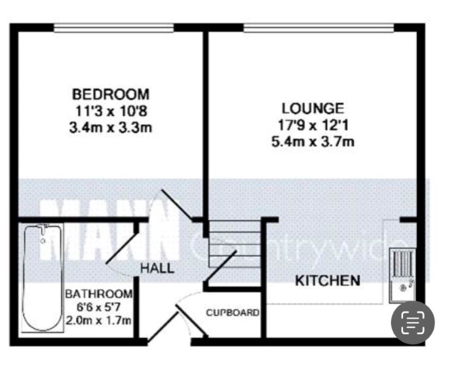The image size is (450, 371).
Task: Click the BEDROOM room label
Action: click(111, 95)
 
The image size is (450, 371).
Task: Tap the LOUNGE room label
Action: click(312, 109)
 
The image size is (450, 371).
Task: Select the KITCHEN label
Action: click(328, 280)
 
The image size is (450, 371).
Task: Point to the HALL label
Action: click(157, 268)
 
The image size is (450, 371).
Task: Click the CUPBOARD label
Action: click(233, 312)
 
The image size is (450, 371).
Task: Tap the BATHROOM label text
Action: click(99, 294)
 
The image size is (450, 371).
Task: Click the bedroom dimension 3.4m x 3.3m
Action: click(111, 127)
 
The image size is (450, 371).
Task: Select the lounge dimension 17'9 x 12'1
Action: click(313, 125)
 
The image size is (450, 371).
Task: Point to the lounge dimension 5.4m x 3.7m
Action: click(313, 142)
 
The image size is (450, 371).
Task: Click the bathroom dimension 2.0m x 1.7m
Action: click(99, 320)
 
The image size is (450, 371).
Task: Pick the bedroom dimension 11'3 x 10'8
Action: click(111, 111)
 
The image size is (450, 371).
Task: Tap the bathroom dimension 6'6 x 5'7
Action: click(98, 307)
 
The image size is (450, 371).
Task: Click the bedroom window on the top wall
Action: click(114, 28)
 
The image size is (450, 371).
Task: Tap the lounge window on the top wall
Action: click(319, 28)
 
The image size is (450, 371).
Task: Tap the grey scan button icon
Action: click(413, 323)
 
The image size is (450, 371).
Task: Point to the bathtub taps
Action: click(44, 229)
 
